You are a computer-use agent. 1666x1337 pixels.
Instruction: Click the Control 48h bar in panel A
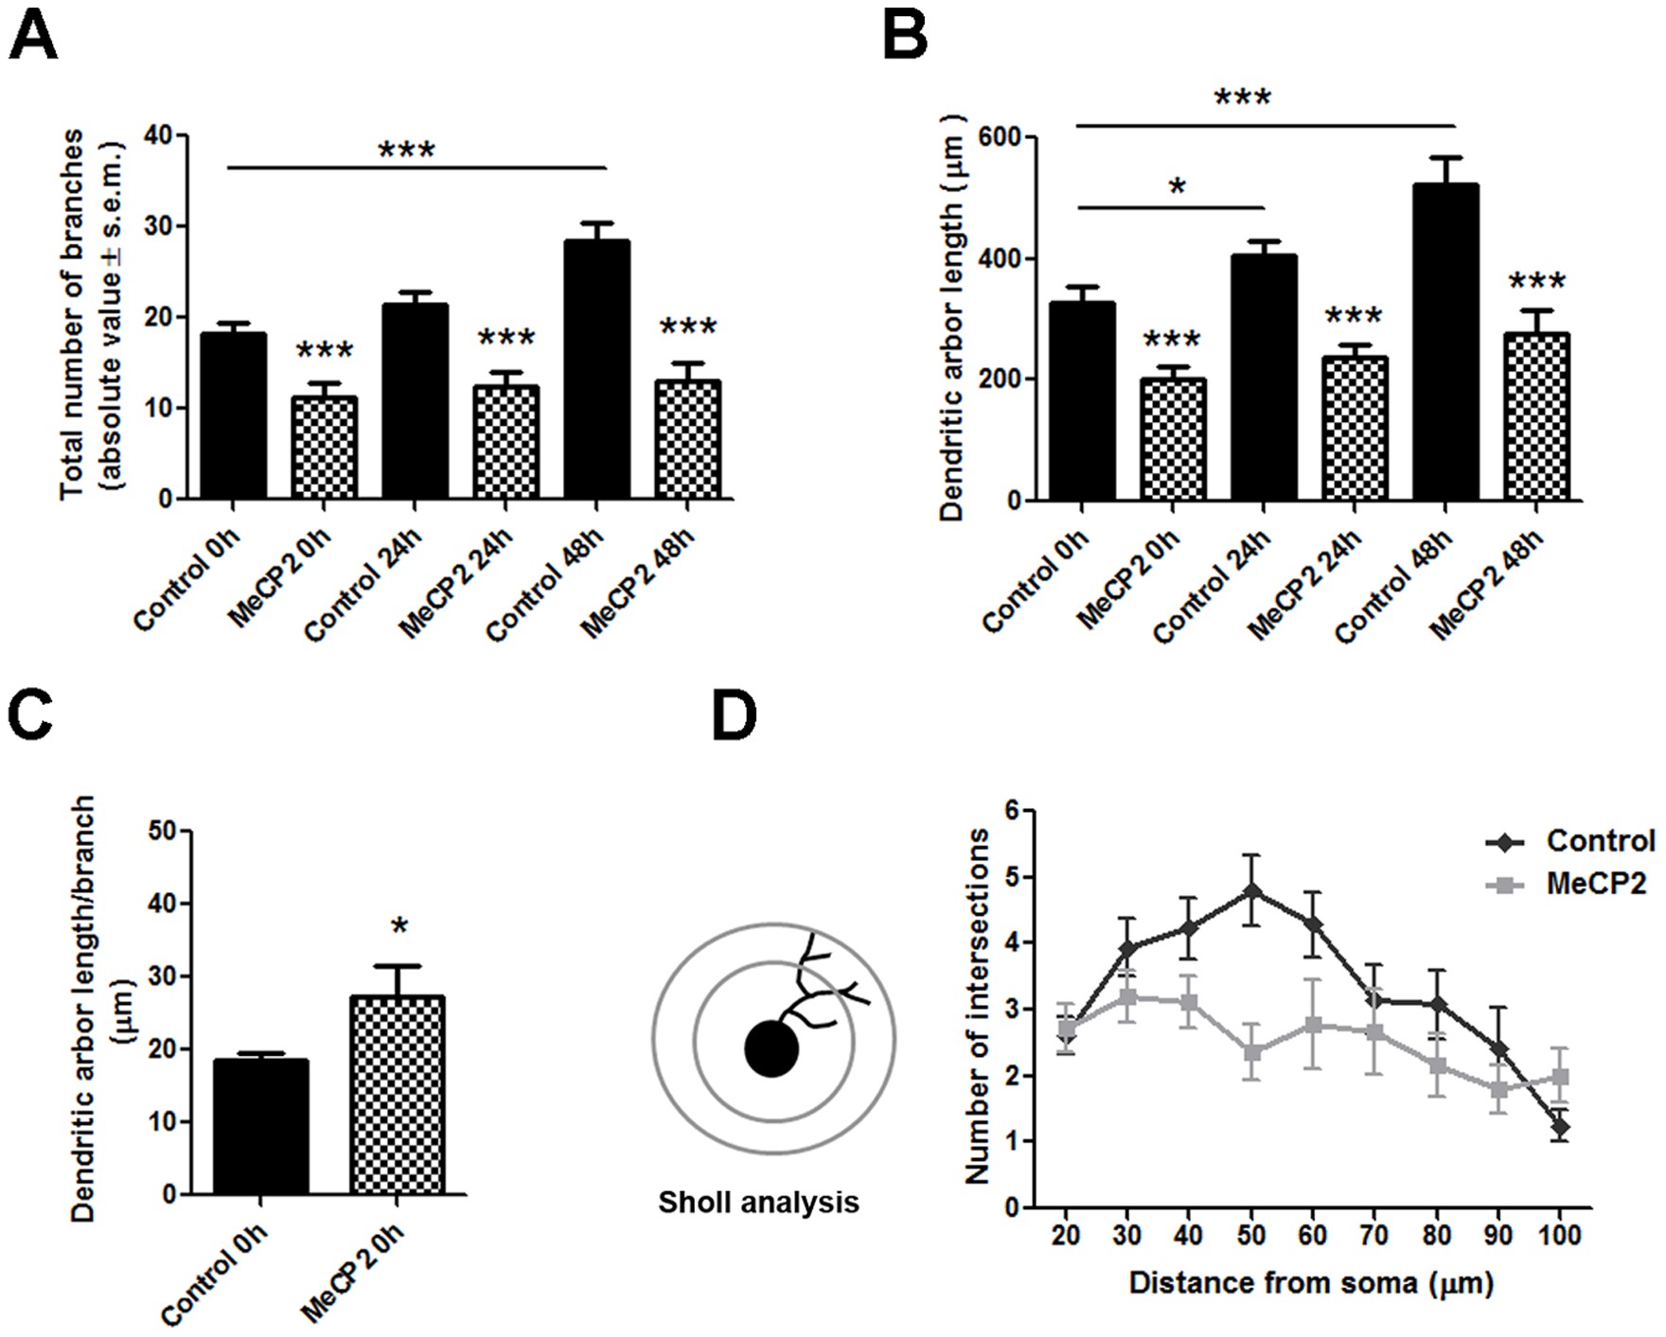pos(596,369)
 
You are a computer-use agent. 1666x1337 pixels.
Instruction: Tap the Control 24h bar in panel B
pos(1264,378)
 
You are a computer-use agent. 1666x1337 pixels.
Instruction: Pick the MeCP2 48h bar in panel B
pos(1536,416)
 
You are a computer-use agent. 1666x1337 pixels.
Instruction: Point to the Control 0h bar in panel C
pos(261,1126)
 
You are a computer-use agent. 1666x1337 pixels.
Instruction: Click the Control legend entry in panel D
pos(1600,840)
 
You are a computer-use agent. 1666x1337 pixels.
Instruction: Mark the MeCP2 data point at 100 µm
pos(1559,1077)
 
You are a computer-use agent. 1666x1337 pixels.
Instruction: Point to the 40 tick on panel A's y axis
pos(161,135)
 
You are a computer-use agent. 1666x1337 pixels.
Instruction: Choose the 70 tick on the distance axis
pos(1374,1236)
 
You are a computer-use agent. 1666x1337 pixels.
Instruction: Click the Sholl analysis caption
pos(758,1203)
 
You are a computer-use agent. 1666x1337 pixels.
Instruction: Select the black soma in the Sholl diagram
pos(771,1048)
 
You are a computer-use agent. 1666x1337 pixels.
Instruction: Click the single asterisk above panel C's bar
pos(399,927)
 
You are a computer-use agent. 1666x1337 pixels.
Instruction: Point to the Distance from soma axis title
pos(1311,1283)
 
